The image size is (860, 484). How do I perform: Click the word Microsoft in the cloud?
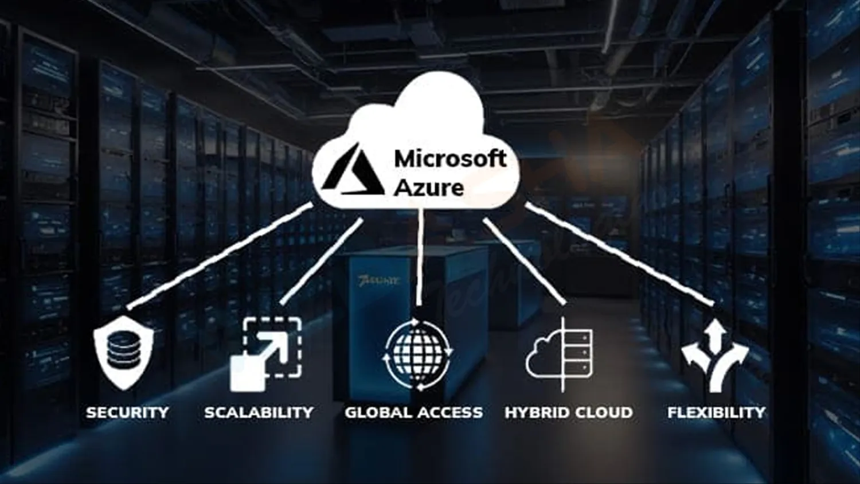pyautogui.click(x=450, y=159)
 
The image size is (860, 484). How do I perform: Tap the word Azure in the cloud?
pyautogui.click(x=429, y=188)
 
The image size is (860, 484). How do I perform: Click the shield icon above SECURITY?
pyautogui.click(x=123, y=352)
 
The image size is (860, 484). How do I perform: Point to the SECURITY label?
pyautogui.click(x=127, y=412)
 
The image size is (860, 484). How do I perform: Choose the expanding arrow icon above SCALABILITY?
pyautogui.click(x=266, y=353)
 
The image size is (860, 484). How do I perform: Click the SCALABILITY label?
pyautogui.click(x=259, y=412)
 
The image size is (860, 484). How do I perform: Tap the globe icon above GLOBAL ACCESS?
pyautogui.click(x=417, y=354)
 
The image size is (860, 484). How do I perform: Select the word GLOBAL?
pyautogui.click(x=378, y=412)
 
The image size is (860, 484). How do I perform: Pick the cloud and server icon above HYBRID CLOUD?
pyautogui.click(x=560, y=354)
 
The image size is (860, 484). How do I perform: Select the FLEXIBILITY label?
pyautogui.click(x=716, y=412)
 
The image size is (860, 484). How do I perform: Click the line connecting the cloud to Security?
pyautogui.click(x=221, y=255)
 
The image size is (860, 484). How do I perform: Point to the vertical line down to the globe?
pyautogui.click(x=420, y=258)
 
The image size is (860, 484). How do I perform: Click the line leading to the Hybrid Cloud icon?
pyautogui.click(x=525, y=261)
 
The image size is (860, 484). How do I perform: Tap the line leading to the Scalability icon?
pyautogui.click(x=321, y=261)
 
